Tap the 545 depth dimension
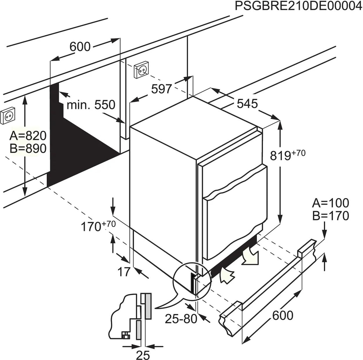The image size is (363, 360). pyautogui.click(x=247, y=104)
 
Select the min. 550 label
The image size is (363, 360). pyautogui.click(x=91, y=105)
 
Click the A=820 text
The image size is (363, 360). pyautogui.click(x=27, y=135)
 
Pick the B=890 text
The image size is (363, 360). pyautogui.click(x=27, y=148)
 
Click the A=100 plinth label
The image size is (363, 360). pyautogui.click(x=331, y=203)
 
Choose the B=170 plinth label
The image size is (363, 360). pyautogui.click(x=331, y=216)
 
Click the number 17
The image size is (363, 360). pyautogui.click(x=124, y=272)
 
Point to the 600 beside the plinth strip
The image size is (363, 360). pyautogui.click(x=282, y=315)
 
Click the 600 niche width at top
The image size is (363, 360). pyautogui.click(x=79, y=47)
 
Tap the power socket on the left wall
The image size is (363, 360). pyautogui.click(x=9, y=117)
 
